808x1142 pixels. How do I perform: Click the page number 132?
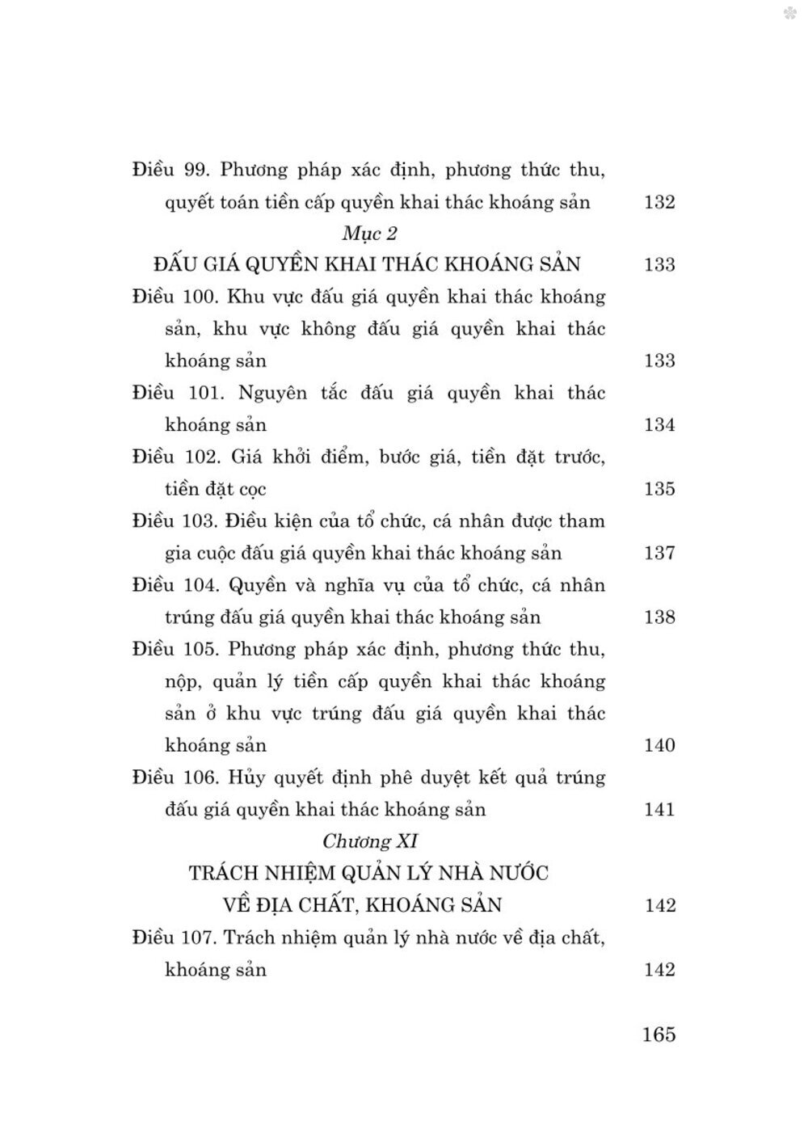pyautogui.click(x=659, y=202)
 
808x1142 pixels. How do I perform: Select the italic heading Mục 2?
pyautogui.click(x=370, y=234)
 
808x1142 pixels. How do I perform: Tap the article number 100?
pyautogui.click(x=199, y=297)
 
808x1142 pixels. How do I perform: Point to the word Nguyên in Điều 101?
pyautogui.click(x=273, y=394)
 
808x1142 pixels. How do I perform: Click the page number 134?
pyautogui.click(x=659, y=425)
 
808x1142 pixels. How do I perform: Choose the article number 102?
pyautogui.click(x=199, y=457)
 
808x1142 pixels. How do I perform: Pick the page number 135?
pyautogui.click(x=659, y=489)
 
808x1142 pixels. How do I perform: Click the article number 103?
pyautogui.click(x=199, y=521)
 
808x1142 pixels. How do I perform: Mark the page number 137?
pyautogui.click(x=659, y=554)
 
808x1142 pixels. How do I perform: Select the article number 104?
pyautogui.click(x=199, y=585)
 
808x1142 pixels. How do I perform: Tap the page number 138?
pyautogui.click(x=659, y=617)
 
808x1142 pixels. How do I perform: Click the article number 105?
pyautogui.click(x=199, y=650)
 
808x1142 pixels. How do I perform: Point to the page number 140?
pyautogui.click(x=659, y=745)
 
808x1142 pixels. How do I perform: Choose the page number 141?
pyautogui.click(x=659, y=809)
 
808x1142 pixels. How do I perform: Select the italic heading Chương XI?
pyautogui.click(x=369, y=841)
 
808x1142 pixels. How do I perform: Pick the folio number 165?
pyautogui.click(x=659, y=1035)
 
